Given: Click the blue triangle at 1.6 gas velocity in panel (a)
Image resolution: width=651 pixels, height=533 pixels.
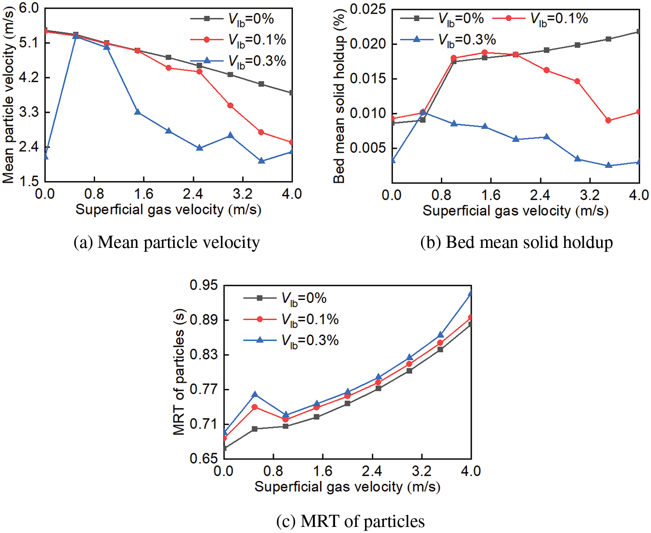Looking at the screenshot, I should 138,112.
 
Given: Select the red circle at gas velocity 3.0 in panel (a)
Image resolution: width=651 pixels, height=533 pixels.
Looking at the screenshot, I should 230,105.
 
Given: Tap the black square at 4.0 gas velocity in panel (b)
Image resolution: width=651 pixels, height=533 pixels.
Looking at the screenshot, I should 638,32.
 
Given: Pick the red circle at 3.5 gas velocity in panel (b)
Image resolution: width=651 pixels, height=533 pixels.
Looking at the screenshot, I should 608,120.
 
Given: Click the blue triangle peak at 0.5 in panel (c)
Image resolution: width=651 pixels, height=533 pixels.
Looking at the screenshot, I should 255,394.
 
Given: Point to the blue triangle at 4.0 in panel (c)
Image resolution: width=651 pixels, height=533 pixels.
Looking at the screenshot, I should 470,293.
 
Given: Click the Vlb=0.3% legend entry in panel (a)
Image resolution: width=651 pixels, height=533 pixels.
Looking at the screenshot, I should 239,61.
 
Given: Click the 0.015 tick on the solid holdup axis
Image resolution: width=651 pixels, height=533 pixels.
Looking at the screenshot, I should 367,79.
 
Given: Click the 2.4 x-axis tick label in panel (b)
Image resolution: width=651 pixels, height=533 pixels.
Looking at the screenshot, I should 540,195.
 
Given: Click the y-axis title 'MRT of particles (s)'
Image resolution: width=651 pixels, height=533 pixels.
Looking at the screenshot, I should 179,372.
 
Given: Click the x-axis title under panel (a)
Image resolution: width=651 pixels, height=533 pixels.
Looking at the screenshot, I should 168,210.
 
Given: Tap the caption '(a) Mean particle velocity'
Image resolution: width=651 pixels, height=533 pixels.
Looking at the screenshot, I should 167,242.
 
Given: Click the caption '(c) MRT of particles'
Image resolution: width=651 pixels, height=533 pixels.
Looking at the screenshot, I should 350,521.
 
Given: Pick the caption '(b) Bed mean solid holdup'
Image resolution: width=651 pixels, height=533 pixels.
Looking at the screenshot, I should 516,242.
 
